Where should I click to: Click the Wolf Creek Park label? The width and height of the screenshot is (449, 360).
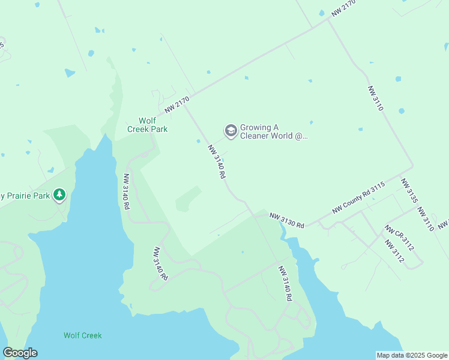(147, 124)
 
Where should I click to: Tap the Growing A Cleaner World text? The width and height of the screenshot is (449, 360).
(274, 131)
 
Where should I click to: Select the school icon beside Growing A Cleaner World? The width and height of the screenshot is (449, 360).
(231, 131)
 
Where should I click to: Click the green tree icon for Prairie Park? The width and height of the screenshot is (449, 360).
(59, 194)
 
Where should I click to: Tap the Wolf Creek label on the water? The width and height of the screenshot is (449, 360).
(83, 335)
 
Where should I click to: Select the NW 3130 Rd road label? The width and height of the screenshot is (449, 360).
(287, 220)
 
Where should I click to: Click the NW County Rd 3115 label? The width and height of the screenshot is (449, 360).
(358, 198)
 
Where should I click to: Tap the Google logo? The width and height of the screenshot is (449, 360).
(20, 353)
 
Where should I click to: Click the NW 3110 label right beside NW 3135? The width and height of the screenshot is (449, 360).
(426, 220)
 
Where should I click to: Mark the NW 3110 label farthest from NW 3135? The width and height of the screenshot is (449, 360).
(375, 98)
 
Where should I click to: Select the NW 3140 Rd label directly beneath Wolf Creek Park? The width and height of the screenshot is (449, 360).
(127, 191)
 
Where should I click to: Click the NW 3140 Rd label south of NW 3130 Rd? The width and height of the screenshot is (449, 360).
(285, 284)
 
